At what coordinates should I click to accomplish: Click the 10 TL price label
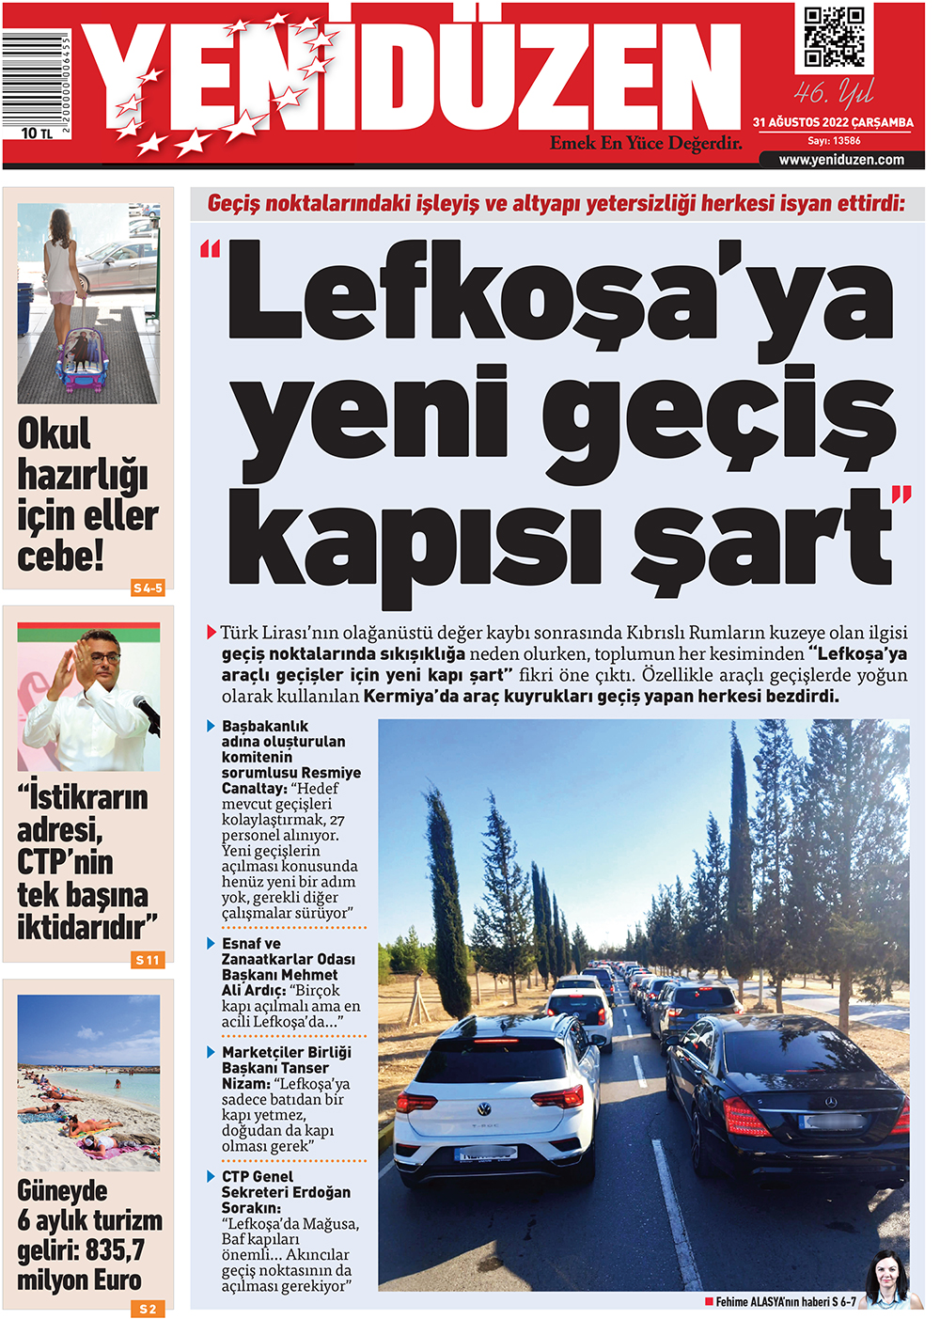tap(36, 133)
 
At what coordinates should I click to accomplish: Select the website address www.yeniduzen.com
tap(841, 160)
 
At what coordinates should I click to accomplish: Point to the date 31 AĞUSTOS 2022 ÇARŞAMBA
tap(833, 122)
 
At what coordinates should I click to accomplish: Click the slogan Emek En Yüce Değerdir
tap(646, 144)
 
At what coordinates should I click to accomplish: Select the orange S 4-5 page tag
tap(148, 588)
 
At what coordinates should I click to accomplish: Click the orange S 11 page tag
tap(148, 960)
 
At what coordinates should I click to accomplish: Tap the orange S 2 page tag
tap(148, 1309)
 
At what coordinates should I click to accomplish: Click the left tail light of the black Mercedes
tap(744, 1119)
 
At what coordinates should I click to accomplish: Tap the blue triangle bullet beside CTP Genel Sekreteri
tap(211, 1176)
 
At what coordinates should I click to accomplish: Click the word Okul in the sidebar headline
tap(55, 434)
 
